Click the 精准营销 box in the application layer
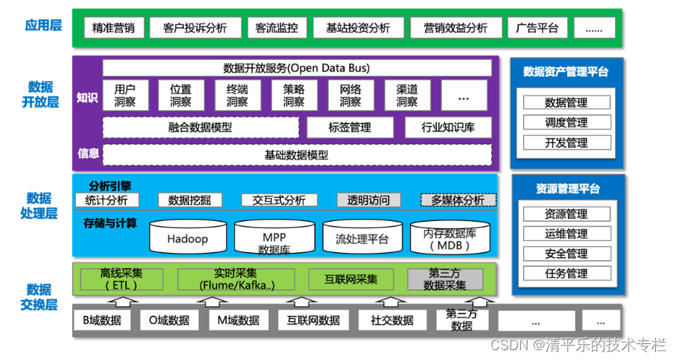[x=112, y=28]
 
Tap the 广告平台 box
[x=536, y=28]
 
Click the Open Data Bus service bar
[x=297, y=68]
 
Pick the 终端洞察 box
[x=237, y=95]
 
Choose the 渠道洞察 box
[x=407, y=95]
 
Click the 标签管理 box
[x=349, y=128]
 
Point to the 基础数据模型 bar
[x=297, y=155]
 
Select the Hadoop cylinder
[x=188, y=238]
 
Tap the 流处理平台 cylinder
[x=361, y=238]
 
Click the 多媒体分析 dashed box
[x=458, y=201]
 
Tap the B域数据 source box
[x=102, y=320]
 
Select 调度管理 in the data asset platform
[x=566, y=122]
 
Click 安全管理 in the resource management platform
[x=566, y=254]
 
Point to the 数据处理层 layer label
[x=39, y=206]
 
